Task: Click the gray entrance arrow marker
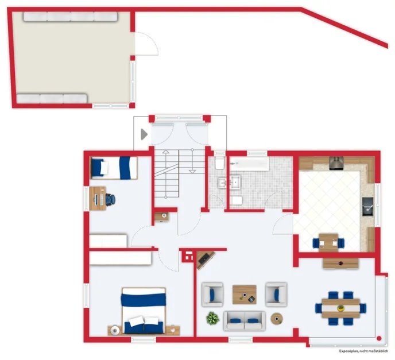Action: (x=144, y=134)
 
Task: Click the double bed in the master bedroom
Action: (x=143, y=311)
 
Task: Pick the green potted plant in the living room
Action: (x=212, y=317)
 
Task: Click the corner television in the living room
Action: (x=204, y=261)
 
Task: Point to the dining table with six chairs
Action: (x=340, y=308)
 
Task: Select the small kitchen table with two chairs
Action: (x=328, y=241)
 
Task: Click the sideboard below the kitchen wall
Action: (x=340, y=264)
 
